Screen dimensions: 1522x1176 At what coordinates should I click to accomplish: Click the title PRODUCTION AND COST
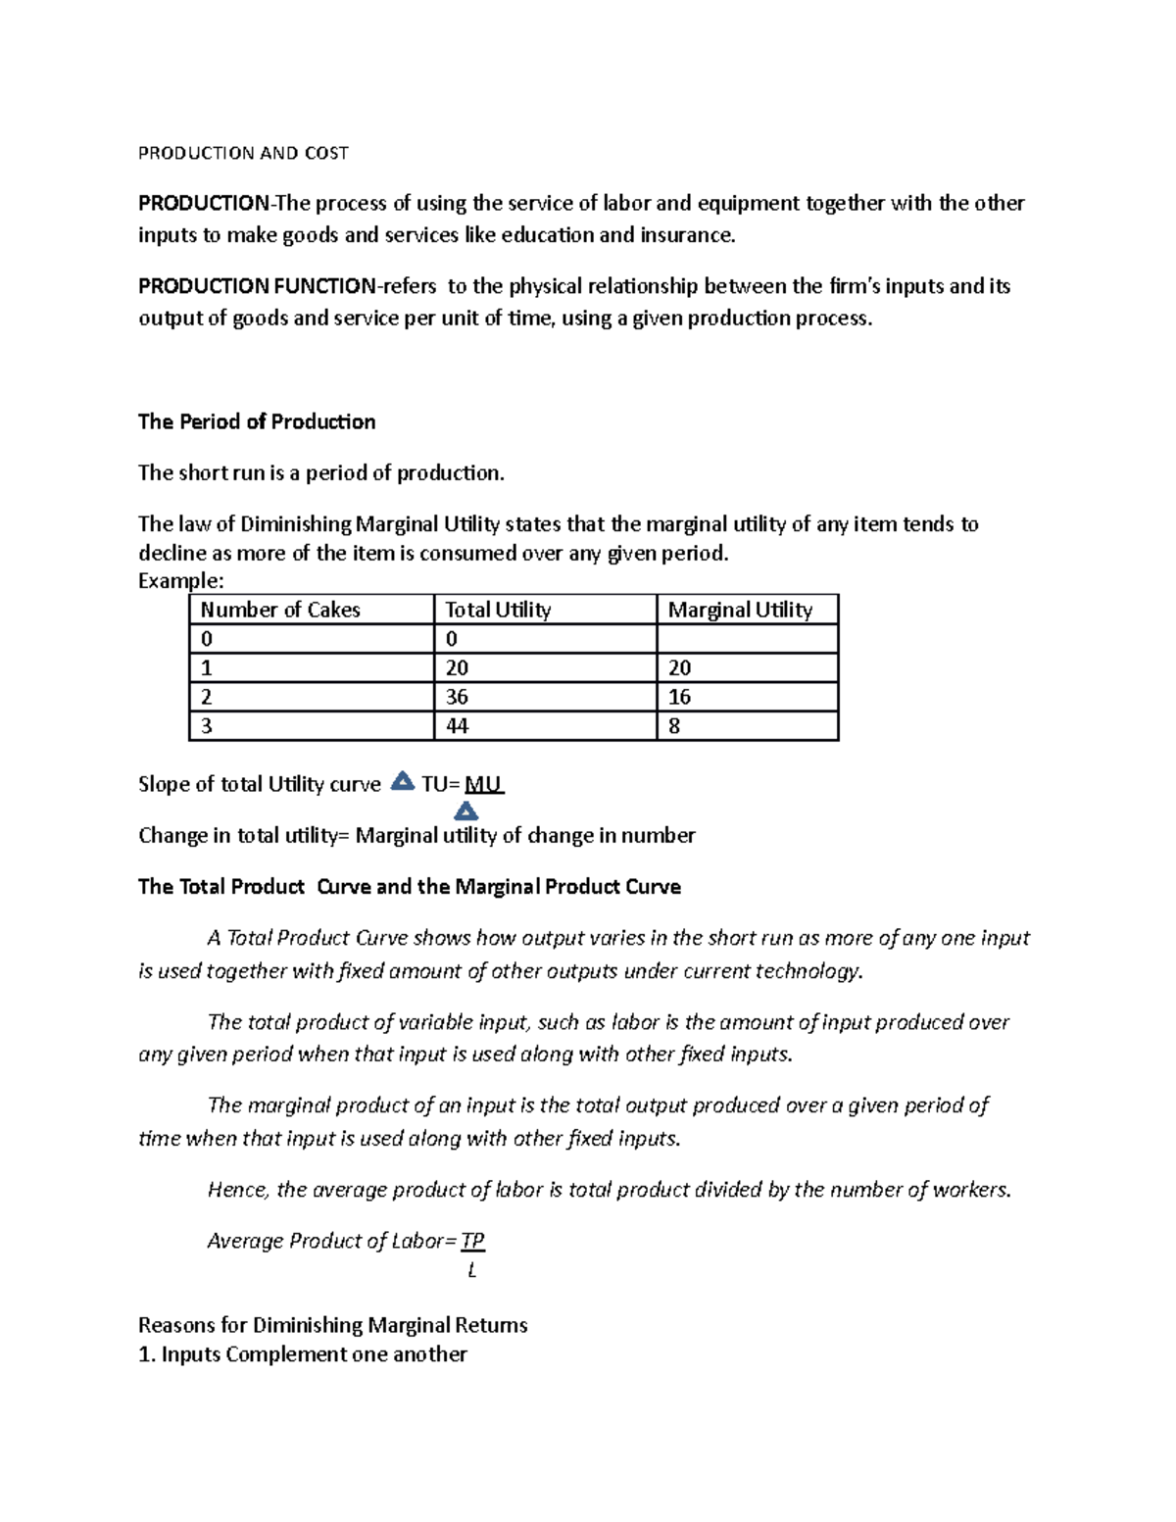[x=243, y=153]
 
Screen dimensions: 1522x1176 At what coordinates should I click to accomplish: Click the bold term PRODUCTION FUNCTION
[x=257, y=286]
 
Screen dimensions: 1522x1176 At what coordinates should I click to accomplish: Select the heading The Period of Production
[x=257, y=421]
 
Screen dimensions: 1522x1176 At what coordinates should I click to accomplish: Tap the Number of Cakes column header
[x=280, y=610]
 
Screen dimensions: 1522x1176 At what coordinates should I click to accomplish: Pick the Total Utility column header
[x=498, y=610]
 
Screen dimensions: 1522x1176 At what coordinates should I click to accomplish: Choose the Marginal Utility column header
[x=740, y=610]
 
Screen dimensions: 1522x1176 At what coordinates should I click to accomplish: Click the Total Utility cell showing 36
[x=457, y=697]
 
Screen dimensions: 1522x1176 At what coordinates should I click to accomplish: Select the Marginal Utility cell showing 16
[x=679, y=697]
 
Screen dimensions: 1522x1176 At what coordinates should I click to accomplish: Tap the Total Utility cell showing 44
[x=457, y=726]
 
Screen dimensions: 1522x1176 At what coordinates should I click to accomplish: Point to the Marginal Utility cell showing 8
[x=674, y=726]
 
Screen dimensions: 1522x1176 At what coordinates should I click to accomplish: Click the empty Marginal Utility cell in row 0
[x=747, y=639]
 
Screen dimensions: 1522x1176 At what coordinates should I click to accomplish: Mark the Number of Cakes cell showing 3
[x=207, y=726]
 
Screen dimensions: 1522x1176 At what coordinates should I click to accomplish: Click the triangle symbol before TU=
[x=402, y=782]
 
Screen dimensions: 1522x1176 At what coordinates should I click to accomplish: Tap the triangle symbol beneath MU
[x=466, y=811]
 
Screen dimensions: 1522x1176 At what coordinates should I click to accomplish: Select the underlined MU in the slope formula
[x=483, y=784]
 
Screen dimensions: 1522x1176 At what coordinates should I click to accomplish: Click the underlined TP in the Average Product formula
[x=472, y=1241]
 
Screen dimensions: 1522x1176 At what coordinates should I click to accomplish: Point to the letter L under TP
[x=472, y=1270]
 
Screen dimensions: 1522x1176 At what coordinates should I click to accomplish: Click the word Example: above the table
[x=181, y=581]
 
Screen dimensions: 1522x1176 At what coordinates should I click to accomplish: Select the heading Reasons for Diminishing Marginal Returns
[x=332, y=1325]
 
